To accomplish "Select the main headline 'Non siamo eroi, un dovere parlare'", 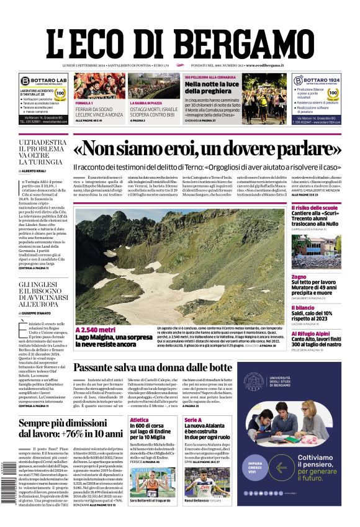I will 207,148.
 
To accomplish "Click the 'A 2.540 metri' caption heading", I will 96,330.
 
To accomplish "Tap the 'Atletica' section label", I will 139,420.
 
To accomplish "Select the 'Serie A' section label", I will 194,420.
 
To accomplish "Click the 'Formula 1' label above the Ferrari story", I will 84,102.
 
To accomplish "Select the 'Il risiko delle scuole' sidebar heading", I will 315,207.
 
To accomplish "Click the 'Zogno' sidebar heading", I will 299,276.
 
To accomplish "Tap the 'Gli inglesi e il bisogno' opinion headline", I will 43,295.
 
